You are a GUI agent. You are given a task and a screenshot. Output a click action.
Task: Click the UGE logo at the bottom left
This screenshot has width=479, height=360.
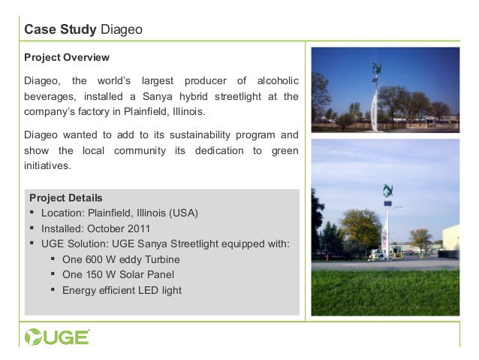(x=56, y=335)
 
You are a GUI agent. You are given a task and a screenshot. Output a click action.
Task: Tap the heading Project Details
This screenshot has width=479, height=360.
(x=66, y=198)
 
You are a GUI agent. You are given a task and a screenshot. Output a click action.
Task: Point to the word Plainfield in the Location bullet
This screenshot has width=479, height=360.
(x=112, y=213)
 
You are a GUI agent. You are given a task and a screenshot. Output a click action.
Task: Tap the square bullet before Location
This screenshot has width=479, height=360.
(x=32, y=213)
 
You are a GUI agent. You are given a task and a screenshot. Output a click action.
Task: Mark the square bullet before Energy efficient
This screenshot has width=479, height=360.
(x=53, y=290)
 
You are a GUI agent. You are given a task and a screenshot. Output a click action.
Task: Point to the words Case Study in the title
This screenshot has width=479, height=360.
(x=56, y=30)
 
